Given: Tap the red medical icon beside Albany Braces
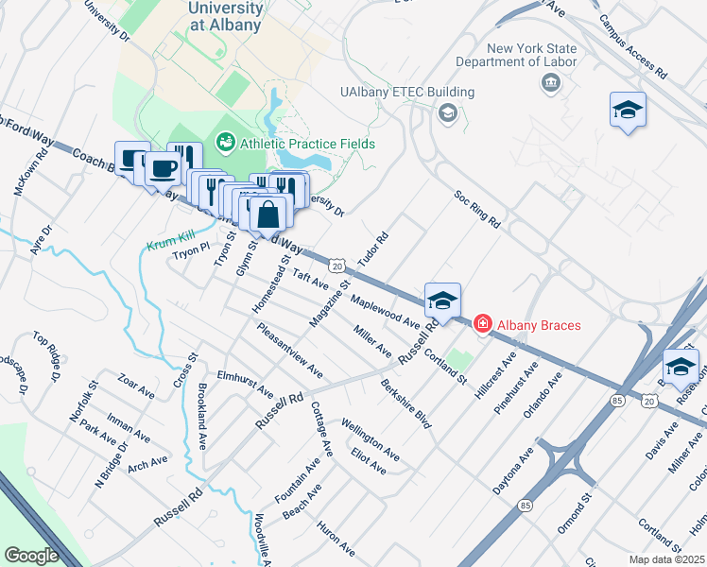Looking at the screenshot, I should (x=482, y=325).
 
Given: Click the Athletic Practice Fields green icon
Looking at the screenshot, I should (x=226, y=143).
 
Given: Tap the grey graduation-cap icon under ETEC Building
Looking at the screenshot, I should (x=447, y=114).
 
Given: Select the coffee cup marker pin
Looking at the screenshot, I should (x=163, y=168).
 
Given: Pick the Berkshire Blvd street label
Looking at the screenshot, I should (x=406, y=404).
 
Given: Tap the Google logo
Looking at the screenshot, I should (x=31, y=555).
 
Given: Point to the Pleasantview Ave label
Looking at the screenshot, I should (x=289, y=349).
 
